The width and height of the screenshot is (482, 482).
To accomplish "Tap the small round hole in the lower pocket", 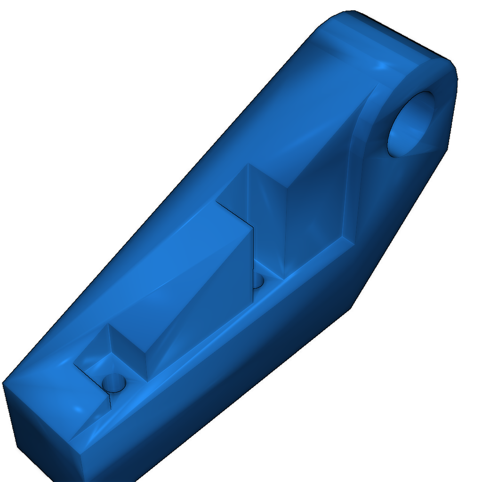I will click(114, 382).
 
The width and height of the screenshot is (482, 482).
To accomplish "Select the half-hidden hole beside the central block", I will click(258, 282).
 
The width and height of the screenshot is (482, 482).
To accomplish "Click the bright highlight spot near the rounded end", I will click(382, 64).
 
